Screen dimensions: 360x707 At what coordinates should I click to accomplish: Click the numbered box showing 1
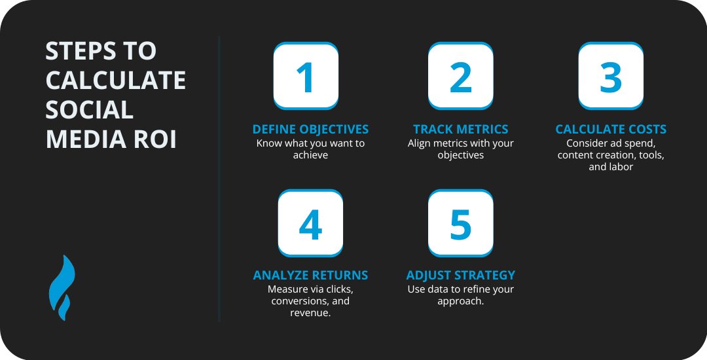pyautogui.click(x=306, y=76)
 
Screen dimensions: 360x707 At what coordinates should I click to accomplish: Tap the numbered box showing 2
pyautogui.click(x=460, y=76)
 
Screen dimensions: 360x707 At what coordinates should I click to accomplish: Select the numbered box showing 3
pyautogui.click(x=611, y=76)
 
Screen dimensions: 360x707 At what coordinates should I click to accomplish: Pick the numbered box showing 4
pyautogui.click(x=310, y=223)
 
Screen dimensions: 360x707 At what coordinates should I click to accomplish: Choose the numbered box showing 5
pyautogui.click(x=460, y=223)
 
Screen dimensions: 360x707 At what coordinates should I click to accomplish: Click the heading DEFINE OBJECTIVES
pyautogui.click(x=310, y=129)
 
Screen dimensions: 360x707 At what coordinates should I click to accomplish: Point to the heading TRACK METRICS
pyautogui.click(x=460, y=129)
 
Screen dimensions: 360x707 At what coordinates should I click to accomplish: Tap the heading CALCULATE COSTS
pyautogui.click(x=611, y=129)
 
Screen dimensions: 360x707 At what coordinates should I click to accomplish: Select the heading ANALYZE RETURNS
pyautogui.click(x=310, y=276)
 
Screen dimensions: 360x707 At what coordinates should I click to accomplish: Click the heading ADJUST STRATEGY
pyautogui.click(x=460, y=276)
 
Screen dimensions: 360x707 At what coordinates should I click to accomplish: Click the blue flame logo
pyautogui.click(x=62, y=287)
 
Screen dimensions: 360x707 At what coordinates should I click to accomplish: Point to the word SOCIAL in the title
pyautogui.click(x=89, y=109)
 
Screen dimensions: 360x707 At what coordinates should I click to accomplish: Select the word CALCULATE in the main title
pyautogui.click(x=116, y=80)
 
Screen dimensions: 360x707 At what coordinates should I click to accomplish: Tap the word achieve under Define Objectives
pyautogui.click(x=310, y=155)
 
